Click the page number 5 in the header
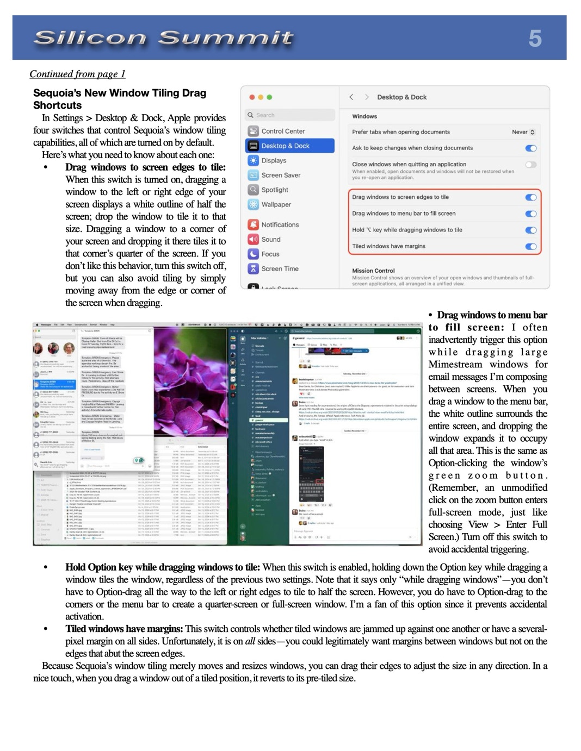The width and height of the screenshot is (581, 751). [535, 39]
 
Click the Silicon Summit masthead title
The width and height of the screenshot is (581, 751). [163, 38]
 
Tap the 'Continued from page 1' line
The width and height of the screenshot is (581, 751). [77, 74]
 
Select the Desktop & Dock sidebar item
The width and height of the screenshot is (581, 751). [285, 146]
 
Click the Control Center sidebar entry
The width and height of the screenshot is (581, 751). [283, 131]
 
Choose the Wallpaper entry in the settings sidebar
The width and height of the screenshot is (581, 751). [276, 204]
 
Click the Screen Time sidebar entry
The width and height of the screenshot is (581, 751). [280, 268]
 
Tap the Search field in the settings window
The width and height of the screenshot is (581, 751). [289, 115]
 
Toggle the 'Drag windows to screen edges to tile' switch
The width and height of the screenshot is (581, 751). [531, 197]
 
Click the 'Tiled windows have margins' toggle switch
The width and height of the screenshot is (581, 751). [531, 246]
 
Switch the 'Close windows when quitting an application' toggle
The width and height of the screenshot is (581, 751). [531, 164]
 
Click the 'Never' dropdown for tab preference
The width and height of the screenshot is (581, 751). [523, 132]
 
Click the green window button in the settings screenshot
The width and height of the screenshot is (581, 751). [269, 97]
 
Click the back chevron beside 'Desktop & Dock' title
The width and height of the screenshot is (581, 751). [351, 97]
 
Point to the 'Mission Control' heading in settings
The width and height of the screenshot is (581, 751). [373, 271]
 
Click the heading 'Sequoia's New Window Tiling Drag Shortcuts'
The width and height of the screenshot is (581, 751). [120, 99]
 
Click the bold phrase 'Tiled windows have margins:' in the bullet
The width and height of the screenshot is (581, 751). [124, 629]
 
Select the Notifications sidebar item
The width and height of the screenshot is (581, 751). [280, 224]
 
